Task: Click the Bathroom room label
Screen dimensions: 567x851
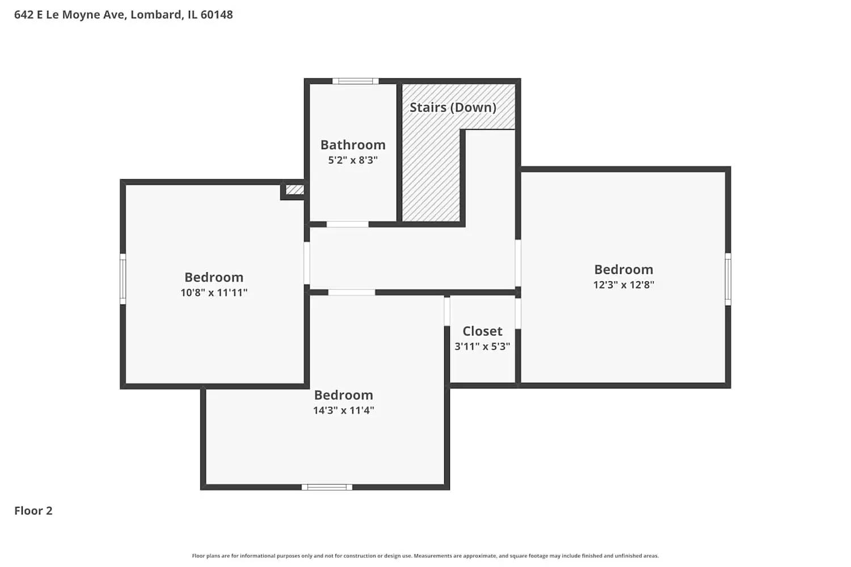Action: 352,145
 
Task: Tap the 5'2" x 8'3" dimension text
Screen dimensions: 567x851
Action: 352,160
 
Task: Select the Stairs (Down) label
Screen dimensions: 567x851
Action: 453,107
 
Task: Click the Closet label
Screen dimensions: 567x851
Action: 482,331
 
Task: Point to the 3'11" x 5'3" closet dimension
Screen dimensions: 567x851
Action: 482,346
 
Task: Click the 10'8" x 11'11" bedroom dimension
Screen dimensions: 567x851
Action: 214,293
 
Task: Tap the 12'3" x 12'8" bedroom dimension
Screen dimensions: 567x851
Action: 623,285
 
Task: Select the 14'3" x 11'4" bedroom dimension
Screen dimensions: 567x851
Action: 343,411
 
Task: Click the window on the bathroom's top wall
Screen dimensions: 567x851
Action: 355,81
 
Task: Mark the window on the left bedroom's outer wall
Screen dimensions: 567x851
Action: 123,279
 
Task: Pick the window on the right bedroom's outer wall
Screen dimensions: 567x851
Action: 728,279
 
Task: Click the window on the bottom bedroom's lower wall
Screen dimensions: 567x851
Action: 327,487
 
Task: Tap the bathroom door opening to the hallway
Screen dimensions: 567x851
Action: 347,225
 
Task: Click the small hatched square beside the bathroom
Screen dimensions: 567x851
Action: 294,189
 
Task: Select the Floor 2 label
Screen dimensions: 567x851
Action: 33,511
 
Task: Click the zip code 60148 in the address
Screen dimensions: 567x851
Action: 217,15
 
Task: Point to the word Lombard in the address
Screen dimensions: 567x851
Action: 156,15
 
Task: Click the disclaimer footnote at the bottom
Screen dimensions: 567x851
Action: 425,556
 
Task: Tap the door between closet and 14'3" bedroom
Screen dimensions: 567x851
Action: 447,311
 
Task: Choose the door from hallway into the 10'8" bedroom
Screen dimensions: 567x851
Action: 307,263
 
